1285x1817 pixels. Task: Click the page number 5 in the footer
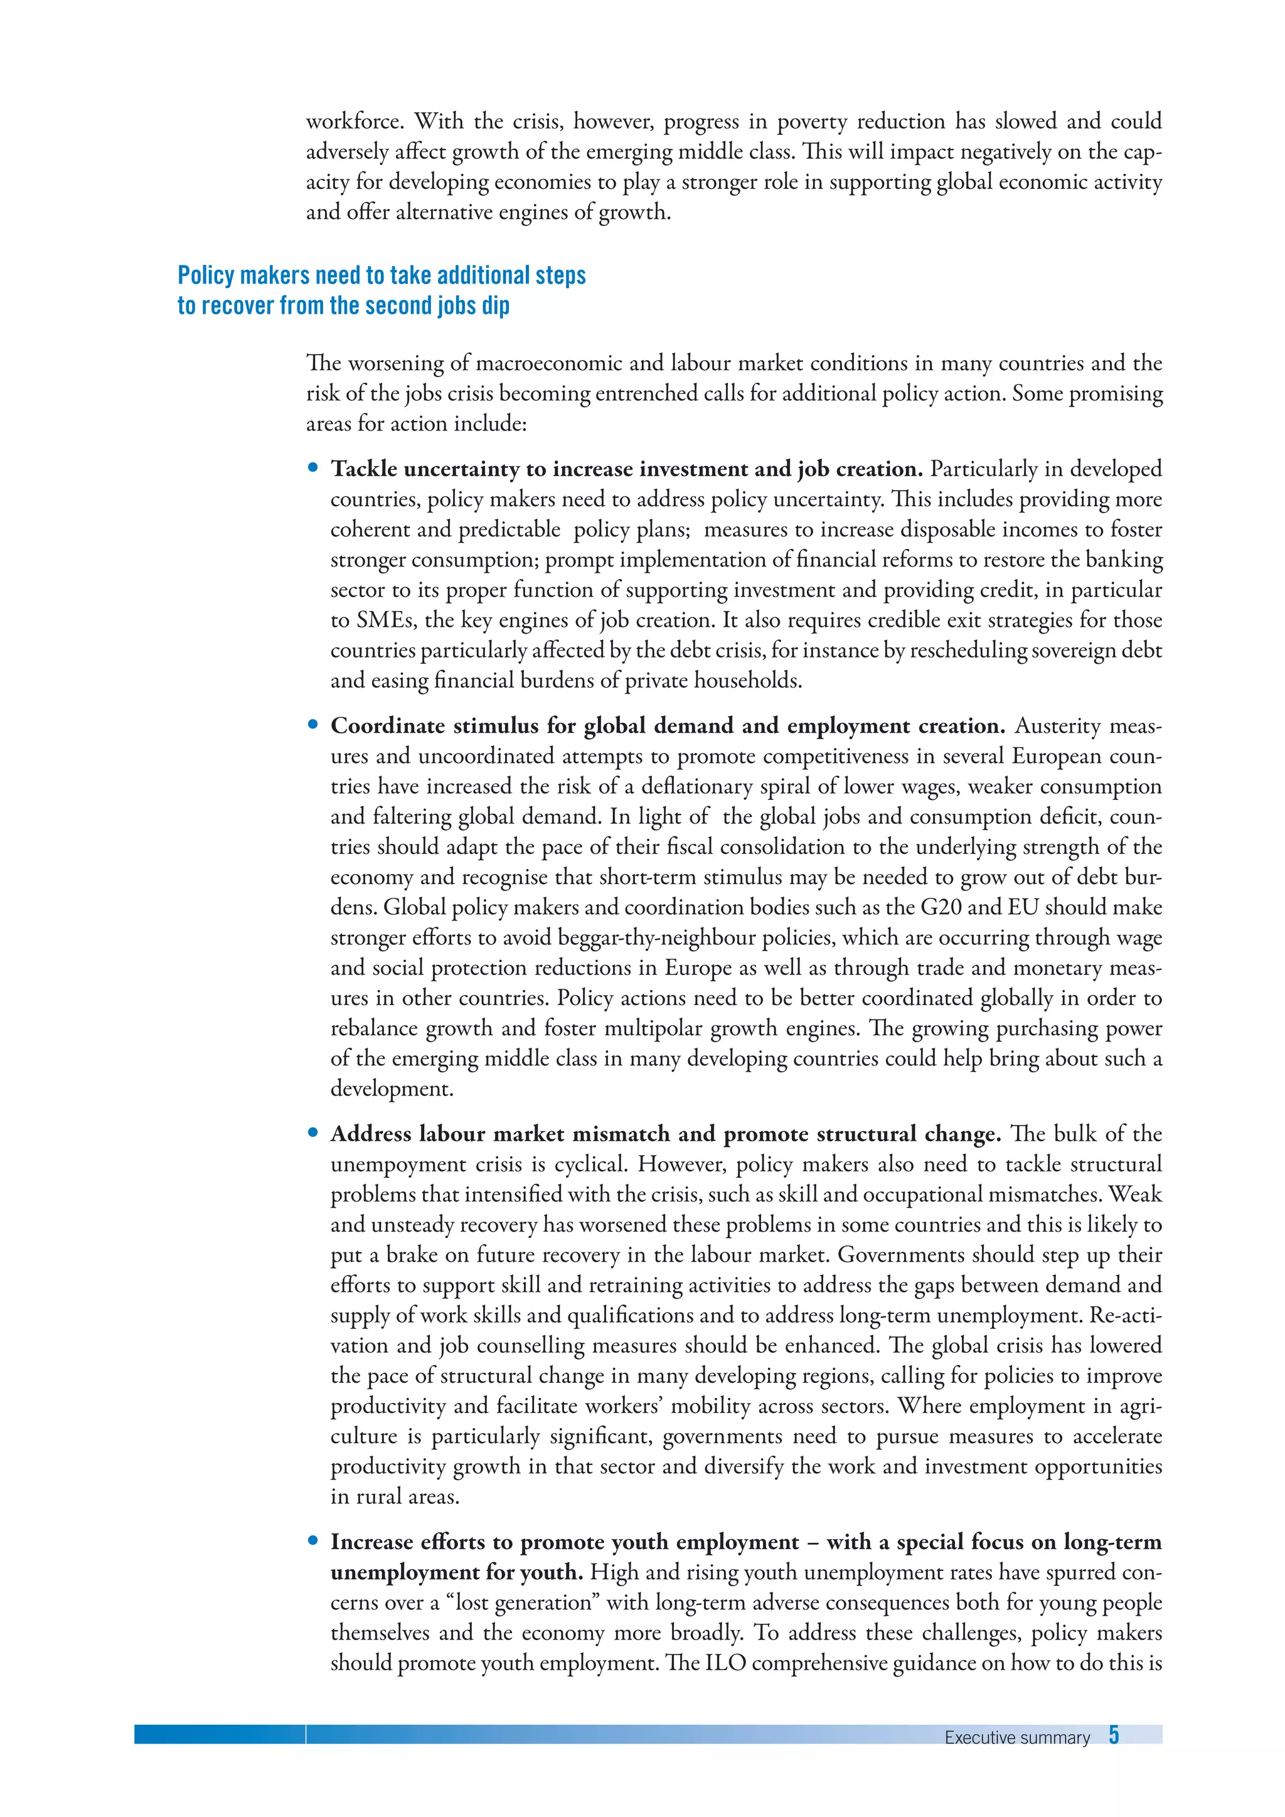click(x=1113, y=1735)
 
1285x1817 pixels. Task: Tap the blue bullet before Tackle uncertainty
click(x=313, y=467)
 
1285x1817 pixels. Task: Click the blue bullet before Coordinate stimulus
click(x=313, y=725)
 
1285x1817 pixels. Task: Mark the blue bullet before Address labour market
click(x=313, y=1133)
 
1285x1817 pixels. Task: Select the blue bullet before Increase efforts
click(x=313, y=1541)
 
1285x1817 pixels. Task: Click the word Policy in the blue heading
click(x=206, y=275)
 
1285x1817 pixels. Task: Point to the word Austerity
click(x=1057, y=726)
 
